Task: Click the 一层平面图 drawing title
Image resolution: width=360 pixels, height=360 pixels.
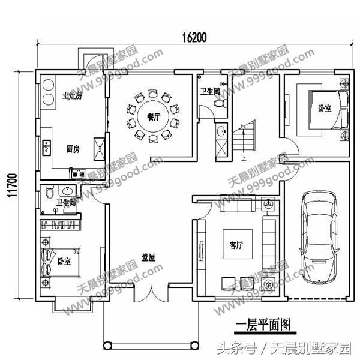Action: [x=262, y=325]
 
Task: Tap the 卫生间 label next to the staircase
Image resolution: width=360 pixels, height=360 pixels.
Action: [x=210, y=93]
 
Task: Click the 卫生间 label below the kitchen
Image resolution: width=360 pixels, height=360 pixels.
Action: [x=65, y=203]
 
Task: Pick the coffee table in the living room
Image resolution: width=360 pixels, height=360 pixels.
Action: [x=237, y=244]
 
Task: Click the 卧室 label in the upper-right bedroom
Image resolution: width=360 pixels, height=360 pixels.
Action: [x=325, y=109]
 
